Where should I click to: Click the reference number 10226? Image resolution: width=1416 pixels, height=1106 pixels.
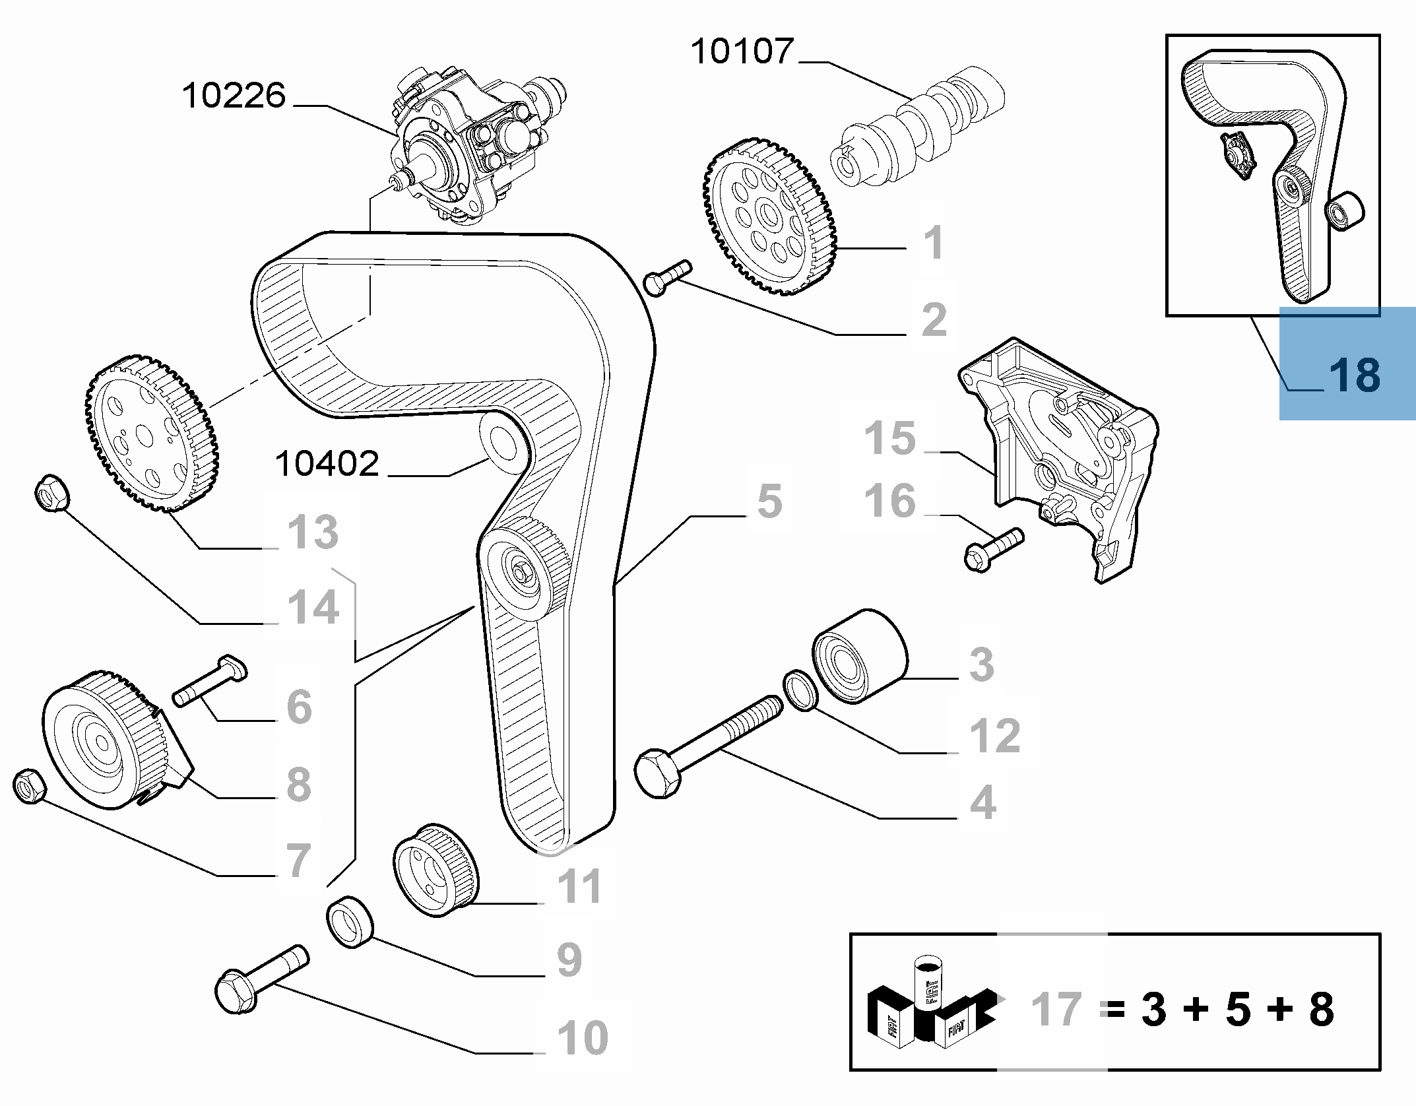tap(234, 96)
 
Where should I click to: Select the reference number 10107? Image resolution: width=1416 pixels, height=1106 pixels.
tap(742, 52)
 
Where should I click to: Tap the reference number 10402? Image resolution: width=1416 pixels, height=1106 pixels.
tap(327, 464)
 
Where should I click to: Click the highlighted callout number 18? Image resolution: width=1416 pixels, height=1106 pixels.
tap(1354, 375)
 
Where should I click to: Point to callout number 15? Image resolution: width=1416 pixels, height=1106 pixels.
tap(890, 438)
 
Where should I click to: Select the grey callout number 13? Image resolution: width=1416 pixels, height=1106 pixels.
tap(313, 532)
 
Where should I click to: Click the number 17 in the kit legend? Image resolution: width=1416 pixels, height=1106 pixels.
tap(1056, 1009)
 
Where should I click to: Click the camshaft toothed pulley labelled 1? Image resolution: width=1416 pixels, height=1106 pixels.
tap(770, 216)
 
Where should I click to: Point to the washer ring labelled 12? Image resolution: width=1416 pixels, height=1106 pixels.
tap(801, 692)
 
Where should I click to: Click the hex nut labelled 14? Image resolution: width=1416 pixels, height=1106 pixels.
tap(51, 492)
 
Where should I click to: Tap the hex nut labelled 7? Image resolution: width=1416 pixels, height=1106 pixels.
tap(30, 786)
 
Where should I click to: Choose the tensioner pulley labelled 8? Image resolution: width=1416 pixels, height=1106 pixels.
tap(106, 739)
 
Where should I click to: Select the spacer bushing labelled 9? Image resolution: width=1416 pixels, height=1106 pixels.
tap(350, 922)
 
